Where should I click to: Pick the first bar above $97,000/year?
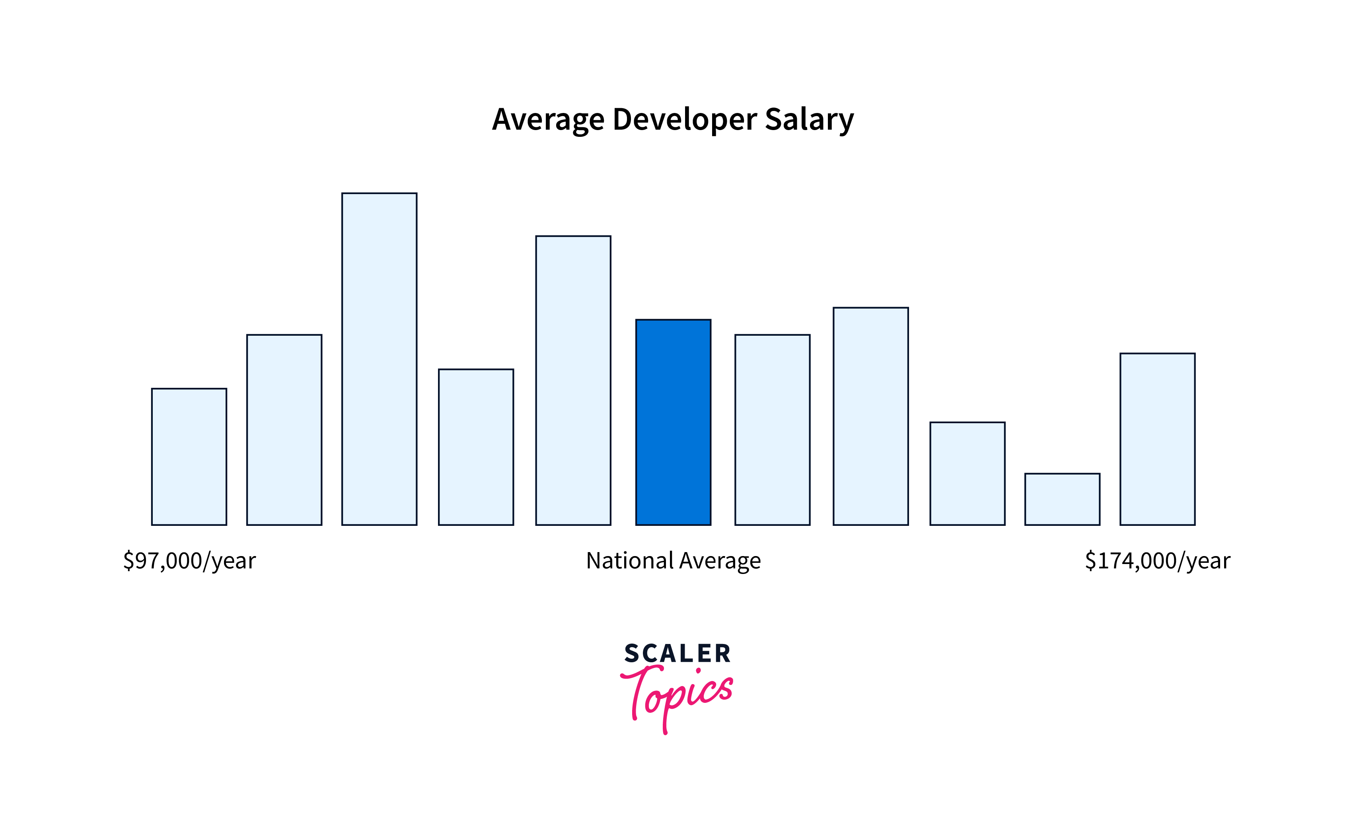coord(189,456)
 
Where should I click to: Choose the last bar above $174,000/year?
coord(1158,439)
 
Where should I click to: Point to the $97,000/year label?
coord(189,560)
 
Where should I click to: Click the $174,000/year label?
coord(1158,560)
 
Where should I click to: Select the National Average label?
coord(673,560)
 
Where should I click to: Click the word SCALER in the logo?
coord(677,654)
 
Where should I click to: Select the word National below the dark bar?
coord(629,560)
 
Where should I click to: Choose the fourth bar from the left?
coord(475,447)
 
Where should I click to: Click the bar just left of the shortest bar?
coord(967,473)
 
